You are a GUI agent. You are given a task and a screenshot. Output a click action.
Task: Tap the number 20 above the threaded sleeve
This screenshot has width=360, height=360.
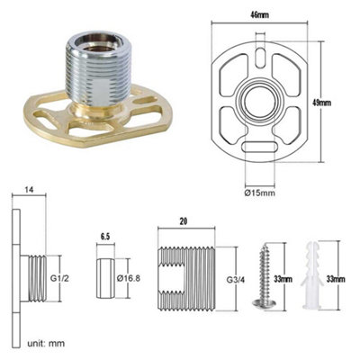click(184, 220)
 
